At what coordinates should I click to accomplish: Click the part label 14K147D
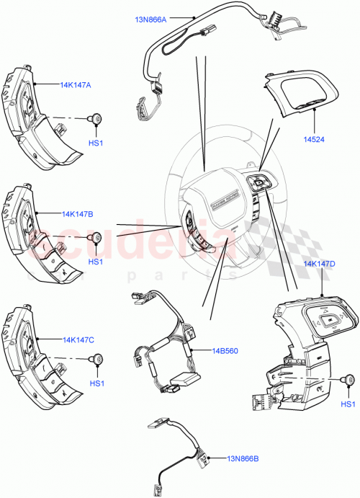coord(319,264)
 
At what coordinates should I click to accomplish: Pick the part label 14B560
coord(225,352)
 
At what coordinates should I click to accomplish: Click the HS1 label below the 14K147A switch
coord(95,143)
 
